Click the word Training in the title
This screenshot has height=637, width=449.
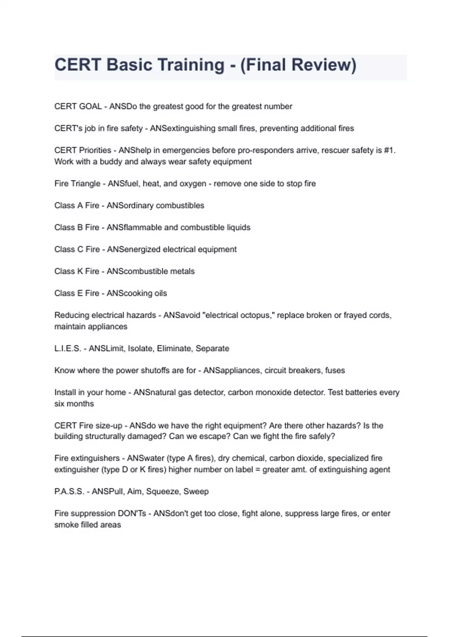coord(165,65)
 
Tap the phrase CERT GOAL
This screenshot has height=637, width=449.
coord(78,106)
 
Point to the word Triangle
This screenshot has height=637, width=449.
coord(86,184)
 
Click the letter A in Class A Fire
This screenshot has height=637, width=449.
coord(80,205)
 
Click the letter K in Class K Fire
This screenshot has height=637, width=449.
coord(80,271)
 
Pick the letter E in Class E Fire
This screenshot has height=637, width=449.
coord(80,293)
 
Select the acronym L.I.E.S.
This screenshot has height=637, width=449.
coord(68,348)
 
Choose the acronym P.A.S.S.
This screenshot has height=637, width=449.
coord(69,491)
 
